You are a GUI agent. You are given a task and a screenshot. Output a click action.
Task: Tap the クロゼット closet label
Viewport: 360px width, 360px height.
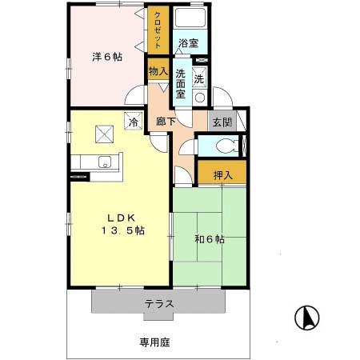coord(157,31)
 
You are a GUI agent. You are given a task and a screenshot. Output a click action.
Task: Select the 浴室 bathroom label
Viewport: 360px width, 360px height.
coord(188,43)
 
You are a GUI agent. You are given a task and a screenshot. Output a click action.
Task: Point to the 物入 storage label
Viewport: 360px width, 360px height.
coord(158,71)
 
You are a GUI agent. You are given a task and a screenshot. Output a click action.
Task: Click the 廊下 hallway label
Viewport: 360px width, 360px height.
coord(166,124)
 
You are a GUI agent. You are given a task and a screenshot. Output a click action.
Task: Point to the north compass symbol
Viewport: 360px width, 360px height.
coord(305,319)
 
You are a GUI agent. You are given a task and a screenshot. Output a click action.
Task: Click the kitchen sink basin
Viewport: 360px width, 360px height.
coord(103,162)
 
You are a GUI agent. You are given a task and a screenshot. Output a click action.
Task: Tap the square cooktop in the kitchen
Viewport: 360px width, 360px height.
coord(104,135)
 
